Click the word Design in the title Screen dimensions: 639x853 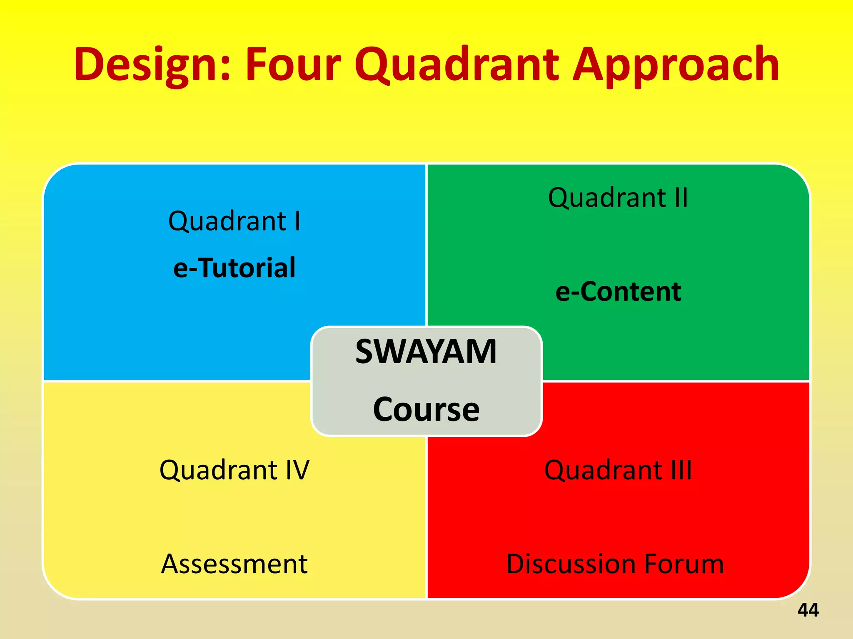148,64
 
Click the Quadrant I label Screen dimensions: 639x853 234,221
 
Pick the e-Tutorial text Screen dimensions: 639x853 234,267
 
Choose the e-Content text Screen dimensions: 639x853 618,291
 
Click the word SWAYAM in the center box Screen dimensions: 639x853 426,352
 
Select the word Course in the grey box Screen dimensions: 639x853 426,409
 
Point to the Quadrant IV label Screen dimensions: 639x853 234,470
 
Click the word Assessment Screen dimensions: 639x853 234,564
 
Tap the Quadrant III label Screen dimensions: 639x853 618,470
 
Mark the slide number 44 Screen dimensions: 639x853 808,610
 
